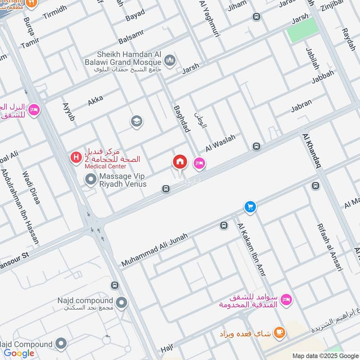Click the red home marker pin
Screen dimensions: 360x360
point(180,162)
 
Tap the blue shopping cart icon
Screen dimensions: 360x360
point(250,207)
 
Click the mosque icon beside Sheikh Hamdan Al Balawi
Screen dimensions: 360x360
point(170,60)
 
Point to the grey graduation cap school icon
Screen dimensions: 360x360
point(136,121)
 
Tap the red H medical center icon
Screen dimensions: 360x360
point(76,157)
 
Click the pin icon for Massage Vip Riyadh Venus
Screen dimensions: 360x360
point(91,180)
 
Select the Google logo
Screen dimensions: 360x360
point(19,353)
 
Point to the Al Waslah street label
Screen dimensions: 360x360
point(220,143)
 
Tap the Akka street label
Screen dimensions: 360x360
point(95,100)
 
